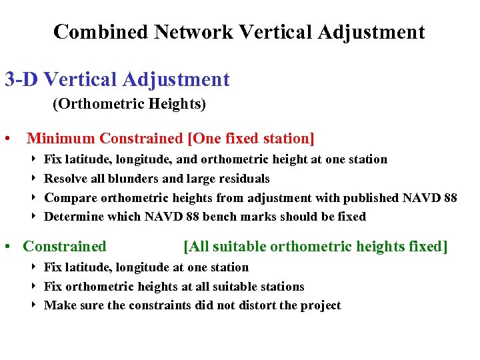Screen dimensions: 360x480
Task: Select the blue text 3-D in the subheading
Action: [x=22, y=80]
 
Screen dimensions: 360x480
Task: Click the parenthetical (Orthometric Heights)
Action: [x=129, y=105]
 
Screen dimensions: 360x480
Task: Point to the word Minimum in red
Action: [x=61, y=139]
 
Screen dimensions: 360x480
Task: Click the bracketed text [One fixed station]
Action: [x=251, y=139]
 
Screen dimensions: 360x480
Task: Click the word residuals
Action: [x=243, y=179]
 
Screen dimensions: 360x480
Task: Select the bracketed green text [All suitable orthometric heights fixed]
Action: [x=315, y=247]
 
